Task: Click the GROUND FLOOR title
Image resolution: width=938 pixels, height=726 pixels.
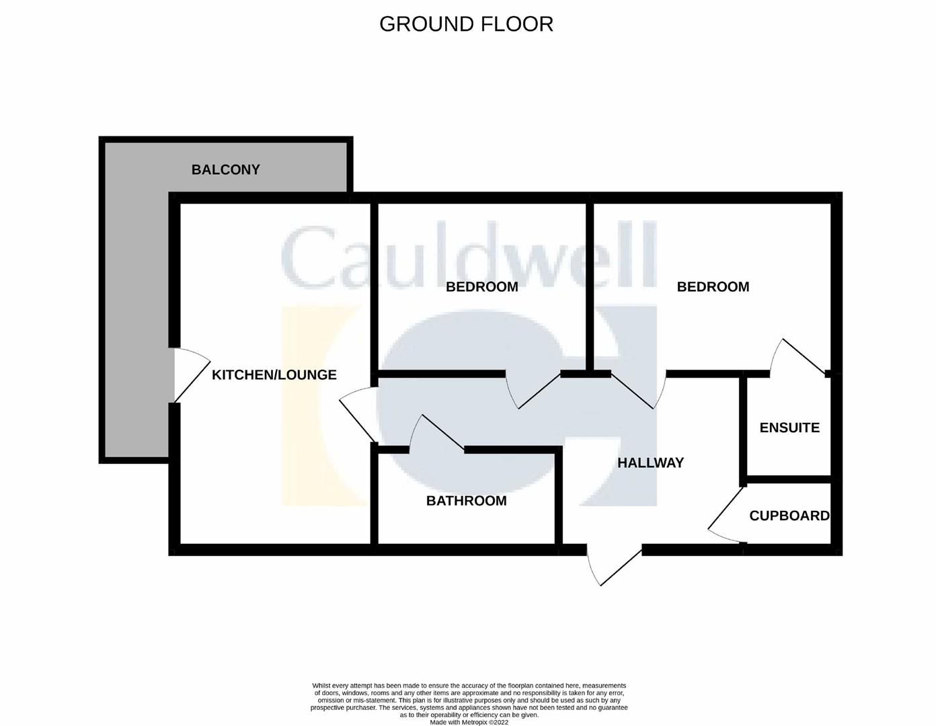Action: pos(466,24)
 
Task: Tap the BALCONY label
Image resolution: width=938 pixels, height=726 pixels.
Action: pos(225,169)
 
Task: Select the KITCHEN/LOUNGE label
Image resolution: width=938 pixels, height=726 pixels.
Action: pos(274,374)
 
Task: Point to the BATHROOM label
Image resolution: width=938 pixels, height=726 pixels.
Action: pos(466,501)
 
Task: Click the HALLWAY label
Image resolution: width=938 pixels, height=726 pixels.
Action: pos(650,463)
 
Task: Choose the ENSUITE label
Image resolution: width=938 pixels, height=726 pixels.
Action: pos(789,428)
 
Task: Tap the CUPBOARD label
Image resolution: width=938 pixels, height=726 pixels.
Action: pos(789,516)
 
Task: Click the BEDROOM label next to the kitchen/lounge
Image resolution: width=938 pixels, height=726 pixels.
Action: pos(481,287)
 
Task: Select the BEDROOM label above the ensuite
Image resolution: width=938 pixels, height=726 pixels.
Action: pos(713,287)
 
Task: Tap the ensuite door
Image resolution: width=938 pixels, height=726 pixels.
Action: pos(799,356)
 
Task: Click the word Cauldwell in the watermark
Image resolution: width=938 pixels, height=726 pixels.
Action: pos(469,255)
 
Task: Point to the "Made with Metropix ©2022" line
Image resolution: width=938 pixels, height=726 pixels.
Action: pos(469,722)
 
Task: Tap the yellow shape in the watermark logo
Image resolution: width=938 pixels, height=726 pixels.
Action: pos(321,405)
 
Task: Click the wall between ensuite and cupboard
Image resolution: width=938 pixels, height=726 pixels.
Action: pos(789,480)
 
